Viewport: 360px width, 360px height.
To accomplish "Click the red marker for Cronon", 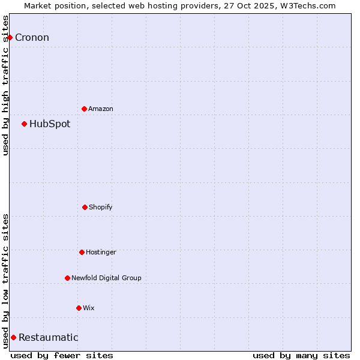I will (x=10, y=37).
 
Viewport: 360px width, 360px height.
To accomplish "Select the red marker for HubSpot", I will (x=24, y=124).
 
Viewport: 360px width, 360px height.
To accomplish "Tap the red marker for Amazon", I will (x=84, y=109).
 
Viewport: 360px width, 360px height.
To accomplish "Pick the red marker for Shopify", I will (x=85, y=207).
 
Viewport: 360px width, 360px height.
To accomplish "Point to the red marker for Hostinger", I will (x=82, y=252).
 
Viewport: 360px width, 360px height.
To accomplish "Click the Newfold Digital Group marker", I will (x=67, y=278).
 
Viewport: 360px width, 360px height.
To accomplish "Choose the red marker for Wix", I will (x=79, y=308).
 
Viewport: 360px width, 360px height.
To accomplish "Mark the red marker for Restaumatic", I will (x=13, y=337).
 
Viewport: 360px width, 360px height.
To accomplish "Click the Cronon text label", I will (x=32, y=37).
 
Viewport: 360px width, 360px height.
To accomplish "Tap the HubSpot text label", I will (x=50, y=124).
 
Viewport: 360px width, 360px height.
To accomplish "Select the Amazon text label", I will (x=101, y=109).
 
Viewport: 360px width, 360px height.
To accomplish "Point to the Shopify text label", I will (x=101, y=207).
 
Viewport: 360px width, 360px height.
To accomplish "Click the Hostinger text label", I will (x=101, y=252).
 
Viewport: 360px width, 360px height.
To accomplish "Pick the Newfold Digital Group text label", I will (x=106, y=278).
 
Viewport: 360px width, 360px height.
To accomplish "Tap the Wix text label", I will (x=89, y=308).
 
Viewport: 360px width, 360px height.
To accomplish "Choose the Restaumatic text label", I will (x=49, y=337).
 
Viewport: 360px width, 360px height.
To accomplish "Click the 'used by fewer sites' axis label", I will (x=62, y=355).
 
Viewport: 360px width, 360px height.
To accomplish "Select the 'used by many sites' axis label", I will (x=301, y=355).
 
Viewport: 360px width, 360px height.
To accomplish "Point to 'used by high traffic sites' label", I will (x=6, y=85).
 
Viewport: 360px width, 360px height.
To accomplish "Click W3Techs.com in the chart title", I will (x=308, y=5).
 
